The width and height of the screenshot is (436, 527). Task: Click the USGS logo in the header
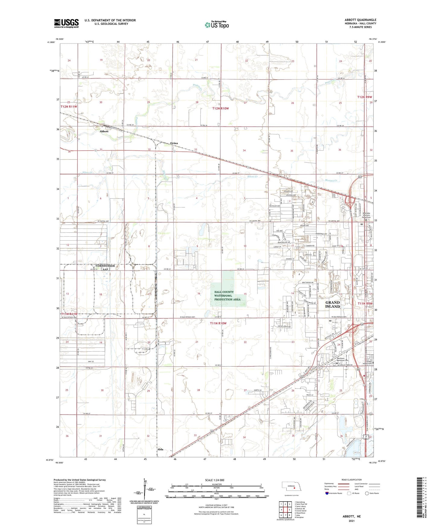(x=66, y=23)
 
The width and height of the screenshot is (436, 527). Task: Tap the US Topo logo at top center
(x=216, y=24)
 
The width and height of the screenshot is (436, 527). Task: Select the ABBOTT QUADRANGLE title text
(x=360, y=20)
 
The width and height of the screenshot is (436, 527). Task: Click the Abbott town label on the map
(x=104, y=132)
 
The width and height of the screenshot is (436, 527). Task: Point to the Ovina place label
(x=174, y=143)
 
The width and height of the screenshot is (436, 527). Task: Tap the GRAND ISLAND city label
(x=333, y=304)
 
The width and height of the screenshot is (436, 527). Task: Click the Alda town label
(x=160, y=449)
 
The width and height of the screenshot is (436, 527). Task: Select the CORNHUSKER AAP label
(x=105, y=267)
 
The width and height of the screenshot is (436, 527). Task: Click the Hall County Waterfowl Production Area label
(x=228, y=295)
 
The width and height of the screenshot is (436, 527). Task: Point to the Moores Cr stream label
(x=331, y=180)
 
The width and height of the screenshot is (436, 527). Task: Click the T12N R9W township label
(x=365, y=97)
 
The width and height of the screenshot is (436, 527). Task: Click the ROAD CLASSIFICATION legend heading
(x=352, y=480)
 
